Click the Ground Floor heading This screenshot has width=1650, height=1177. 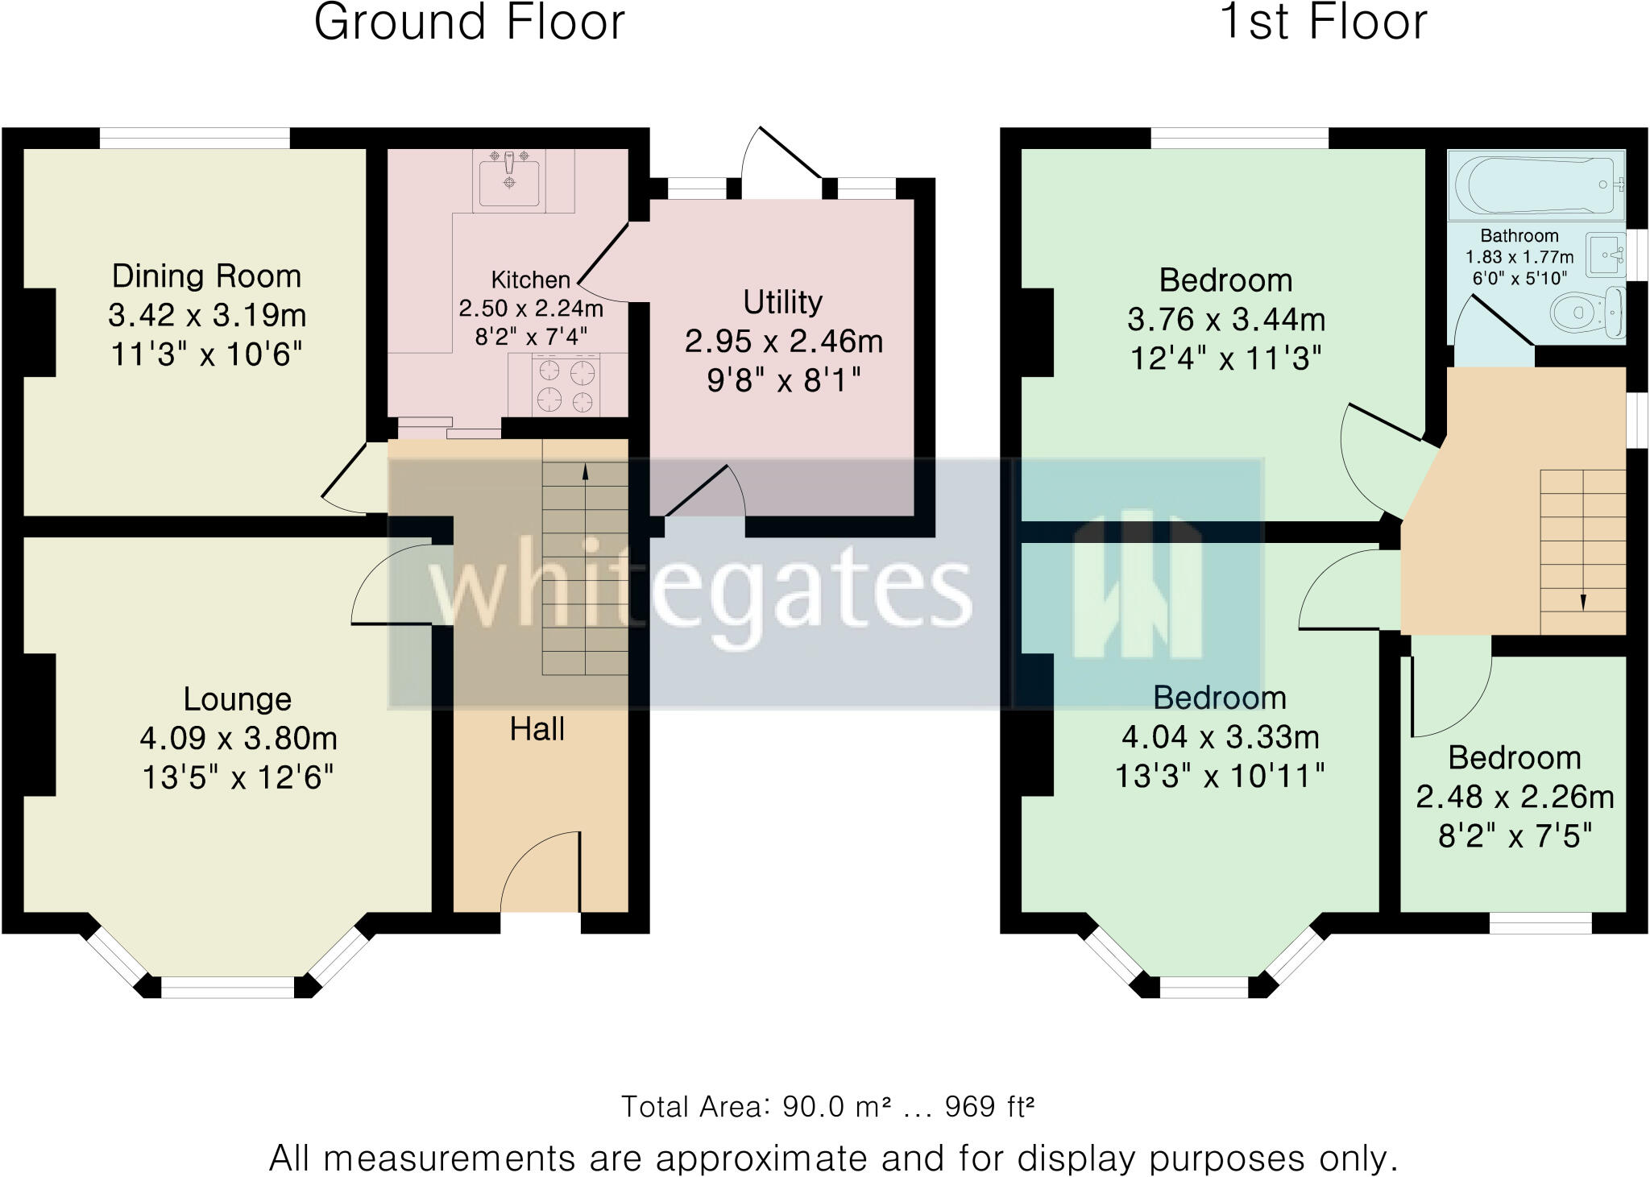click(x=469, y=23)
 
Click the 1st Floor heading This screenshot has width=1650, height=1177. click(x=1324, y=23)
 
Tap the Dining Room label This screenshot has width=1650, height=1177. click(x=206, y=276)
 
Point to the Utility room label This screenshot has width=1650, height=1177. click(x=782, y=302)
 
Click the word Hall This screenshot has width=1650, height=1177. click(x=537, y=729)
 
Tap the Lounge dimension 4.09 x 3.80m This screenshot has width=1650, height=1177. click(x=238, y=738)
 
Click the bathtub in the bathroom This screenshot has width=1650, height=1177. click(x=1536, y=184)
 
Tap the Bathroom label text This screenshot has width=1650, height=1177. click(x=1519, y=236)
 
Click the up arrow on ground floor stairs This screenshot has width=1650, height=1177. click(x=585, y=472)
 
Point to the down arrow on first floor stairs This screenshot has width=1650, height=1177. click(x=1582, y=602)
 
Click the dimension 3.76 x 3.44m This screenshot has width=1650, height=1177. click(x=1226, y=320)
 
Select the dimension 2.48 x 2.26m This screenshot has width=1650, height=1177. click(x=1515, y=797)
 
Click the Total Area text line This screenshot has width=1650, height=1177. click(x=827, y=1107)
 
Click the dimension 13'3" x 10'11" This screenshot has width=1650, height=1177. click(x=1220, y=777)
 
